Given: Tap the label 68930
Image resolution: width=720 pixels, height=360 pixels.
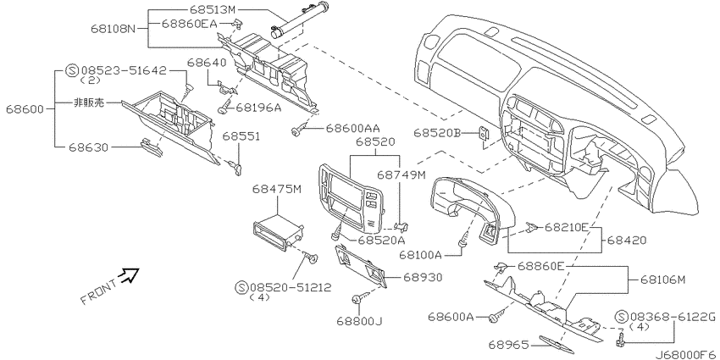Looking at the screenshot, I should coord(421,277).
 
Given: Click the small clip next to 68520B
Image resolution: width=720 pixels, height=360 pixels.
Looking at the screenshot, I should coord(482,136).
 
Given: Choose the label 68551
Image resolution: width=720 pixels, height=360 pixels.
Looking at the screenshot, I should coord(241,136).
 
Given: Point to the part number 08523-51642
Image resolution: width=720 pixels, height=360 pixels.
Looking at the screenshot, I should coord(123,71).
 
